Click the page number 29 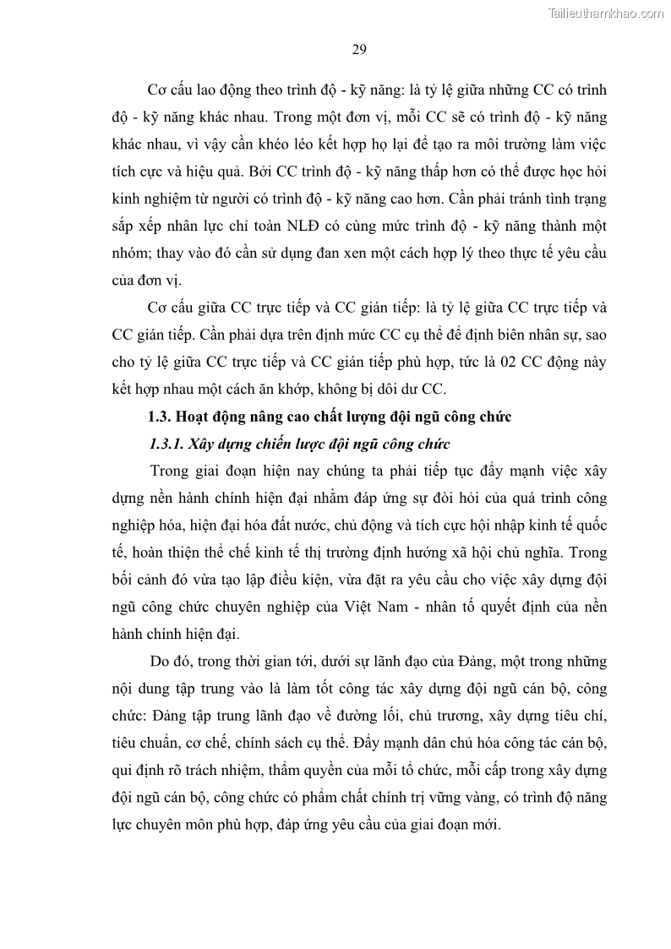(x=358, y=49)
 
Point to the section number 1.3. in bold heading (x=161, y=417)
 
